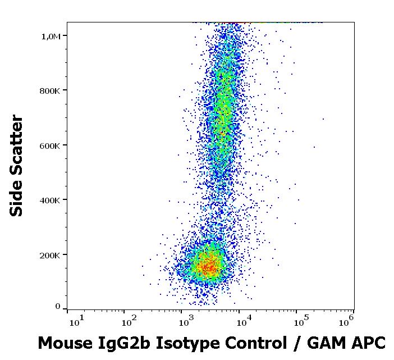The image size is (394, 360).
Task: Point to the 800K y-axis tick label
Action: tap(50, 90)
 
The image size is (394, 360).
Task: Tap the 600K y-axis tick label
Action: tap(50, 145)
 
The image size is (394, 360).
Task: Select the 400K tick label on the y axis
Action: tap(50, 200)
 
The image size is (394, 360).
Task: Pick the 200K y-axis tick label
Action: tap(50, 255)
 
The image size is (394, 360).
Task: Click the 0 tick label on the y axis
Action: tap(57, 307)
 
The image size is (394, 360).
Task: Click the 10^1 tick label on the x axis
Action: tap(77, 322)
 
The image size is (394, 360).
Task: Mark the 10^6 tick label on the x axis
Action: tap(346, 322)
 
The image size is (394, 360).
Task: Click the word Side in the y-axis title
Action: tap(17, 200)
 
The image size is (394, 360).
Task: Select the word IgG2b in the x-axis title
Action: tap(118, 343)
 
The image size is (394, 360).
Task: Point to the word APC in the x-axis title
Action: tap(365, 343)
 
